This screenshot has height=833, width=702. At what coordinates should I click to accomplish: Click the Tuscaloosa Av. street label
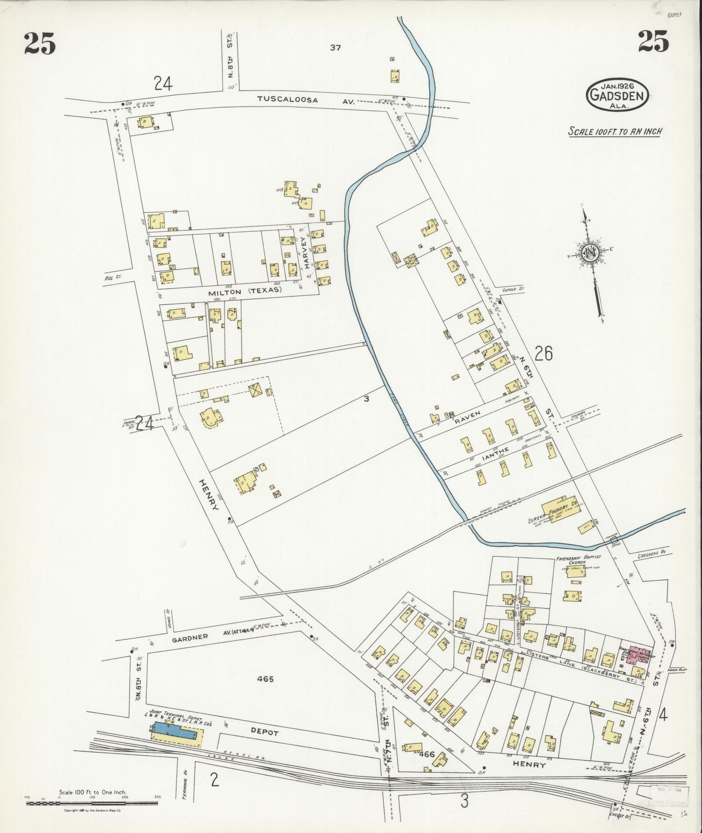click(307, 100)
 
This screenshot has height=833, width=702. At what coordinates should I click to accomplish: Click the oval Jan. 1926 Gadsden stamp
click(616, 95)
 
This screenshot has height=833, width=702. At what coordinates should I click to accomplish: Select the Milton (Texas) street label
click(245, 290)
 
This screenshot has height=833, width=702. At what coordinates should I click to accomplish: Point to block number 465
click(266, 679)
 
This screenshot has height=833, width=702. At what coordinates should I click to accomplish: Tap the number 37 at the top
click(335, 48)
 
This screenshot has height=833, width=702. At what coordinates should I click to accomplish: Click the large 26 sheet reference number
click(543, 354)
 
